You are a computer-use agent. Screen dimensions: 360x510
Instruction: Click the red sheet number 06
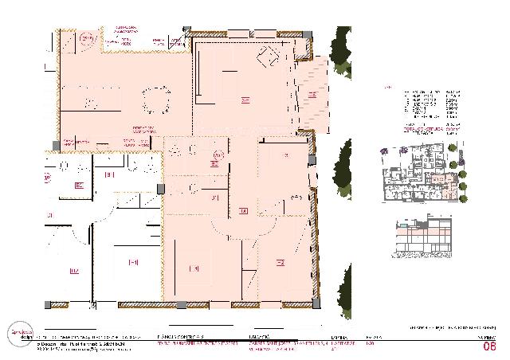point(489,346)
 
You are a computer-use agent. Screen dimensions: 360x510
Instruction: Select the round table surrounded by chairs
point(155,100)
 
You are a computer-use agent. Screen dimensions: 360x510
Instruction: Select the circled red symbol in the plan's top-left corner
point(85,37)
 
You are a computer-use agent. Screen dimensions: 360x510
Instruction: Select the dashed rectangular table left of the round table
point(89,101)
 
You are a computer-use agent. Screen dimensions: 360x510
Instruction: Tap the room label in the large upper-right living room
point(245,100)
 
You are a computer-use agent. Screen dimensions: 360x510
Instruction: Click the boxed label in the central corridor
point(243,211)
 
